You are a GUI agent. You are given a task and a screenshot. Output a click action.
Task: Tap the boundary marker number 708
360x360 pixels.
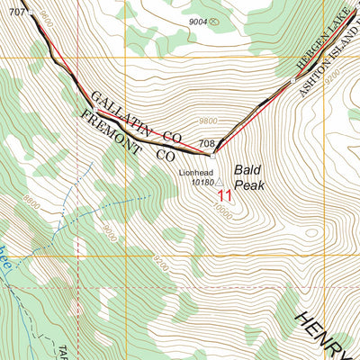206,143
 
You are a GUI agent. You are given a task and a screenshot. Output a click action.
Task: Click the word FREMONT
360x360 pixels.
110,130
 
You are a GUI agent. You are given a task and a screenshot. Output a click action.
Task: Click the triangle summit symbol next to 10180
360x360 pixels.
219,182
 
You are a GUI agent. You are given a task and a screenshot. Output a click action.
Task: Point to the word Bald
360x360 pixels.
247,168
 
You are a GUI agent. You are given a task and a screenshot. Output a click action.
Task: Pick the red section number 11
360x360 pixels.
224,194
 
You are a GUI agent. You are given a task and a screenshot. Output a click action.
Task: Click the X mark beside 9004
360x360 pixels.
212,22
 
